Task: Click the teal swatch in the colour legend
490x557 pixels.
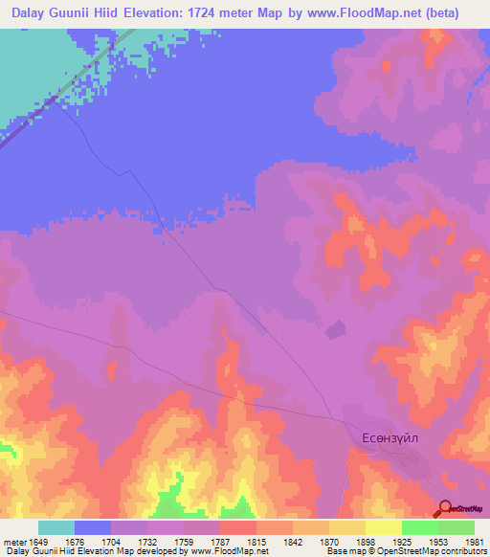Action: (x=56, y=527)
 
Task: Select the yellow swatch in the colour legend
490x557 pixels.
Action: (x=382, y=527)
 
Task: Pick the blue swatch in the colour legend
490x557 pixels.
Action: (x=93, y=527)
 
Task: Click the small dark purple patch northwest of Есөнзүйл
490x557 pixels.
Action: (x=335, y=331)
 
